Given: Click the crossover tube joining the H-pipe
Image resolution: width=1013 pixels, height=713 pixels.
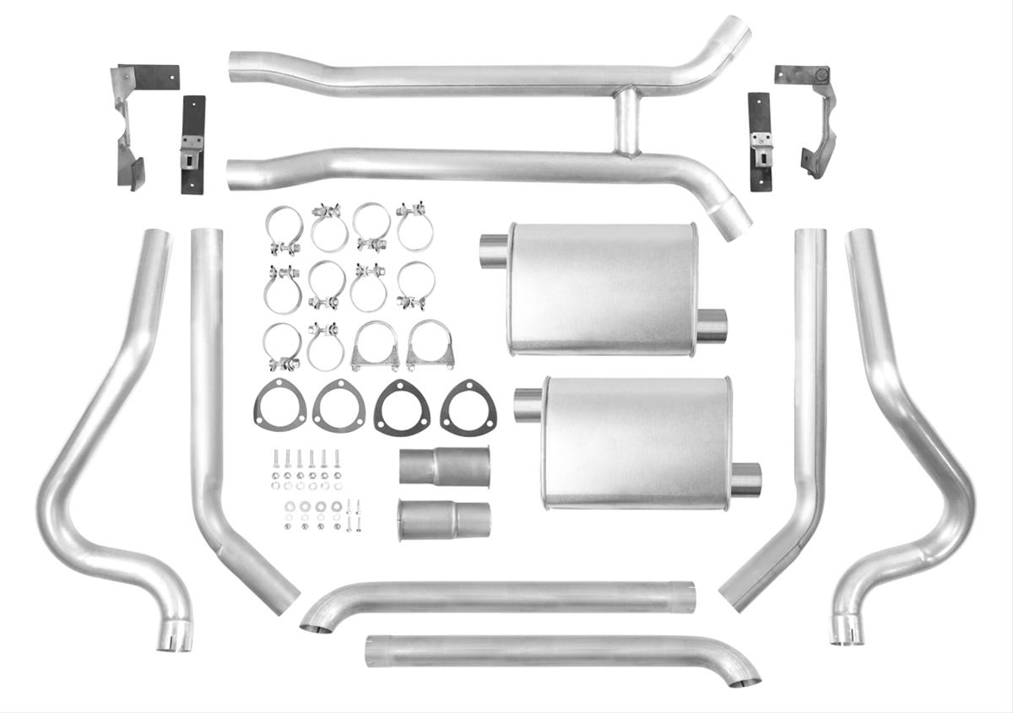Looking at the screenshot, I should point(626,123).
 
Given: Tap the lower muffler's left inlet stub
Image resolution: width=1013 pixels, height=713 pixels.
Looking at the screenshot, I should point(528,406).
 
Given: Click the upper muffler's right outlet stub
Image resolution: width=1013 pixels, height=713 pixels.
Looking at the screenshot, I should point(712,326).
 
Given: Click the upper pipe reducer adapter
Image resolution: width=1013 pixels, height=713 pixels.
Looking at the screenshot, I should point(444,466).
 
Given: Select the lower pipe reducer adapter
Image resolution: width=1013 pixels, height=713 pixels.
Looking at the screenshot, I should point(444,520).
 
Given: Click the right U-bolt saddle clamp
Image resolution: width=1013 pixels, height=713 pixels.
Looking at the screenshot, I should point(430,346).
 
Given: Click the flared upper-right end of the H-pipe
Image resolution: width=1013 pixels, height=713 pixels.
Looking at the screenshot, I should point(732,34).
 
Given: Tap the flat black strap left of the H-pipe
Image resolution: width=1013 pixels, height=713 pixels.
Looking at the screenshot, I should point(193,144).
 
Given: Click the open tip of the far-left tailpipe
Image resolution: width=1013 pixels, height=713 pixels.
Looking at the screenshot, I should point(174,639).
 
